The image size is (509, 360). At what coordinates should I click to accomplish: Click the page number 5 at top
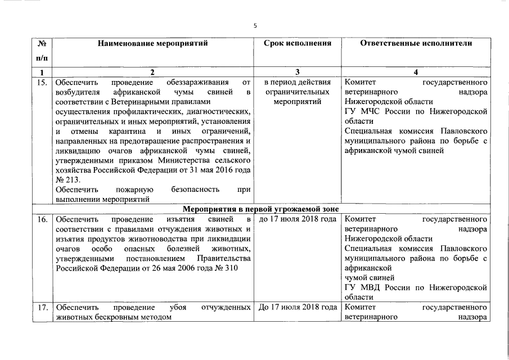tap(255, 25)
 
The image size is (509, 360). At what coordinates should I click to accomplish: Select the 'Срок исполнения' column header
tap(297, 43)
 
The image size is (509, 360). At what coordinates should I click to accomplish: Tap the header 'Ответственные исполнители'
tap(416, 43)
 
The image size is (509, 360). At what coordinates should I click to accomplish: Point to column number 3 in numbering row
tap(297, 72)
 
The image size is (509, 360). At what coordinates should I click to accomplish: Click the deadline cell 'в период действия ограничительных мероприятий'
tap(297, 92)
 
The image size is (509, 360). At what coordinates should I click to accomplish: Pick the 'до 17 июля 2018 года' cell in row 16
tap(297, 218)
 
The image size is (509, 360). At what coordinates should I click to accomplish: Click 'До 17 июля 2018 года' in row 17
tap(297, 308)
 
